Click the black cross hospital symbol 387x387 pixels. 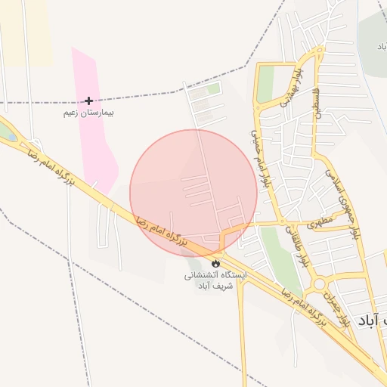coord(89,101)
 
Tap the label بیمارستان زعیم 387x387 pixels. coord(88,113)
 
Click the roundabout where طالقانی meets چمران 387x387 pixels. coord(319,284)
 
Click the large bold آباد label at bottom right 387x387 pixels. coord(375,320)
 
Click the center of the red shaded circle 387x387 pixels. coord(193,193)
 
